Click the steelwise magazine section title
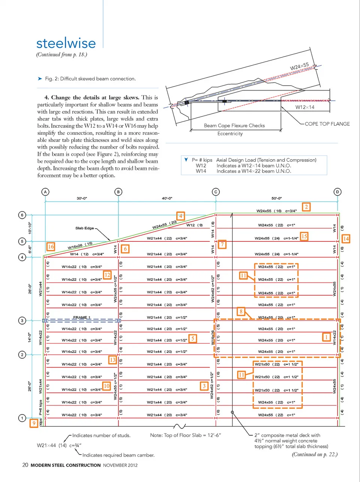coord(66,43)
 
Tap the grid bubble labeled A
coord(45,192)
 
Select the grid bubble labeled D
coord(337,192)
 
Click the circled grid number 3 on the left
coord(22,321)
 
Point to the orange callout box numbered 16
coord(51,247)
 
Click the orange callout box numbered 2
coord(306,207)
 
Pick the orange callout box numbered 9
coord(34,423)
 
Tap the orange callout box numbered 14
coord(346,239)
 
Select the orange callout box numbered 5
coord(193,339)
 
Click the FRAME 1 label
coord(82,318)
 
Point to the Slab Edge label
coord(84,228)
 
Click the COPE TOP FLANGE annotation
coord(327,124)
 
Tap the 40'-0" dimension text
coord(167,198)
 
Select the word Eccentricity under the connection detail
coord(230,134)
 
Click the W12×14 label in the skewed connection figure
coord(304,107)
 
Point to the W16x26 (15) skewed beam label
coord(80,246)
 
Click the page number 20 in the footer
coord(25,465)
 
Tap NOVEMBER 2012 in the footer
coord(120,465)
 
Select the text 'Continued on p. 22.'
coord(315,455)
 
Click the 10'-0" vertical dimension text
coord(30,228)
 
